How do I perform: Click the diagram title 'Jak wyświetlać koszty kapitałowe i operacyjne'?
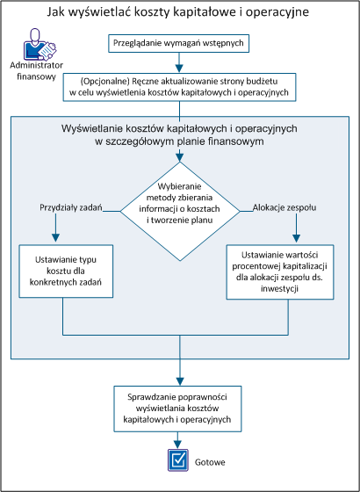pos(180,14)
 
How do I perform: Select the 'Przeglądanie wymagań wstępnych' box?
pos(180,43)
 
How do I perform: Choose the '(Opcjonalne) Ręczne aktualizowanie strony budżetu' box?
pos(180,85)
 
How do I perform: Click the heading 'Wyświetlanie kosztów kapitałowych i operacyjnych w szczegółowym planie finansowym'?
pos(180,135)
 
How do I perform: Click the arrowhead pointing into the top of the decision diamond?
pos(180,158)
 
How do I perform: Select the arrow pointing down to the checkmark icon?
pos(180,443)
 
